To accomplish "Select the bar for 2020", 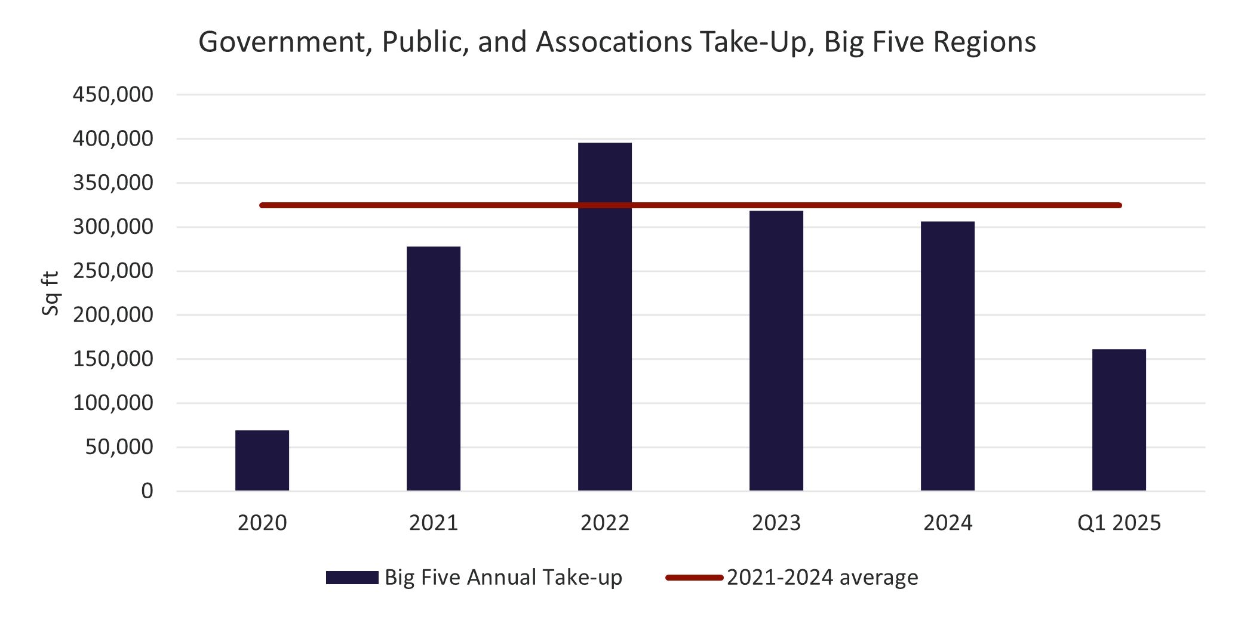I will point(262,461).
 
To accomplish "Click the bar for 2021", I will point(434,369).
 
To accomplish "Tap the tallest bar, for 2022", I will point(605,316).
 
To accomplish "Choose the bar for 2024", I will point(948,356).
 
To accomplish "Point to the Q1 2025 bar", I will point(1119,420).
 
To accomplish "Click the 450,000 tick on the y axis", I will point(113,94).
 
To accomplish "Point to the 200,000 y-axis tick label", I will point(113,315).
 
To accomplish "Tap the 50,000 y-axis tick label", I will point(119,448).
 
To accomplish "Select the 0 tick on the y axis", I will point(147,491).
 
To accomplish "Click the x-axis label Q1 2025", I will point(1119,523).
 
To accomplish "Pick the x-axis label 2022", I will point(605,523).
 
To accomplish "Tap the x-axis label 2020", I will point(262,523).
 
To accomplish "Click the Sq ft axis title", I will point(51,294).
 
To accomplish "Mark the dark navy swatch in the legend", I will point(352,578).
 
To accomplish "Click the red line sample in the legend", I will point(694,578).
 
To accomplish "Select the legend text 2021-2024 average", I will point(822,578).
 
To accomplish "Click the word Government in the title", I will point(282,42).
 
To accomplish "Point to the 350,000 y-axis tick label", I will point(113,183).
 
